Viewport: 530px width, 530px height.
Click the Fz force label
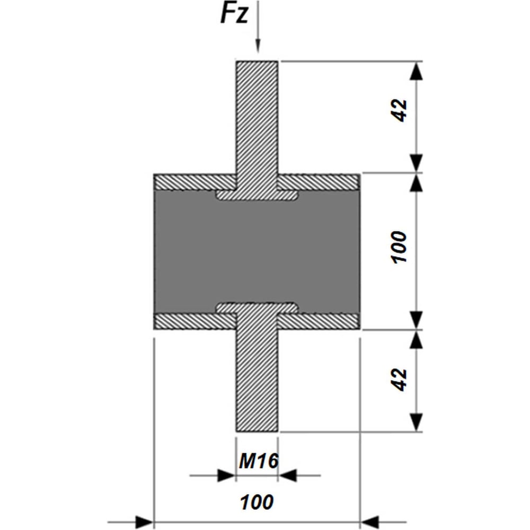tap(234, 14)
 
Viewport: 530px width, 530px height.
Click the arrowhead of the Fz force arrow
tap(258, 46)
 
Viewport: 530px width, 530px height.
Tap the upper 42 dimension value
tap(400, 110)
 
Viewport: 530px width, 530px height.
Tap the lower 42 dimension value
tap(400, 379)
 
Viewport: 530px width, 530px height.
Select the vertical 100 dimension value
tap(399, 247)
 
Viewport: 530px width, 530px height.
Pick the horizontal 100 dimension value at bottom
tap(257, 502)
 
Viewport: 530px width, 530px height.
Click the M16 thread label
tap(259, 461)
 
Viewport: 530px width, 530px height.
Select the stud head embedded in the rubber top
tap(257, 195)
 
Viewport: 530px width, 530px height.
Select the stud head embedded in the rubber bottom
tap(257, 307)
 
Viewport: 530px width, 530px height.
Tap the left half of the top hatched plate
tap(195, 182)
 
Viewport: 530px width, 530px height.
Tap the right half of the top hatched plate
tap(319, 182)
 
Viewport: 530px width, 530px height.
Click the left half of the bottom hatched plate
tap(195, 321)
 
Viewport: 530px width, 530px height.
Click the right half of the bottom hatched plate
tap(319, 321)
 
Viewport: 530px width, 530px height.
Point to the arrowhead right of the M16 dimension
tap(287, 475)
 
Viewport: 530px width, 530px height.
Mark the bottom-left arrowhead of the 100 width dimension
tap(144, 522)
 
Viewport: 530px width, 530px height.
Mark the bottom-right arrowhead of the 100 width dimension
tap(369, 522)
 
